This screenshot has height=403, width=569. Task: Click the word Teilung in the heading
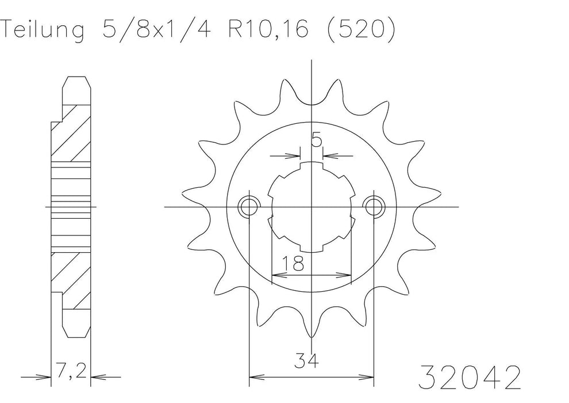point(41,29)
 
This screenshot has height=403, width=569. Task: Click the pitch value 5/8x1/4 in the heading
point(152,29)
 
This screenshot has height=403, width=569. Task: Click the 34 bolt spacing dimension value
point(309,362)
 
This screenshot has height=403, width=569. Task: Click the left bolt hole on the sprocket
point(248,206)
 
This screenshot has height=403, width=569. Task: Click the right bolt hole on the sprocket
point(375,206)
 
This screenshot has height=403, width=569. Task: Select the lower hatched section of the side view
point(71,279)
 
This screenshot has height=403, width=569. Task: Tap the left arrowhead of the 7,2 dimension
point(48,378)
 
